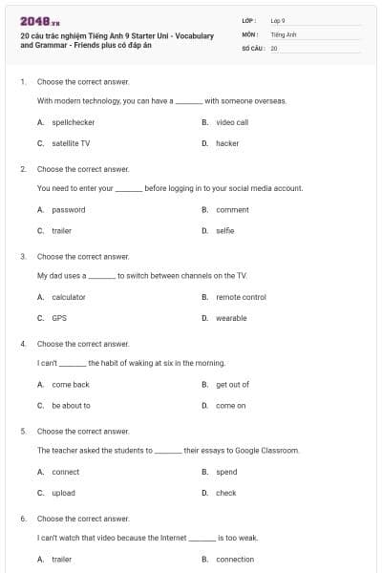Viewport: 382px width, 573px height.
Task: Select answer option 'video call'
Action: [232, 122]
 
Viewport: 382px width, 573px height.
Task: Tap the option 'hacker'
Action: [227, 143]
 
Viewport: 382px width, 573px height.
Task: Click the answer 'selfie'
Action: [224, 230]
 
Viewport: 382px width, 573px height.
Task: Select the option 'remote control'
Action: [241, 297]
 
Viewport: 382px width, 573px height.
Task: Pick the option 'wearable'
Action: [231, 318]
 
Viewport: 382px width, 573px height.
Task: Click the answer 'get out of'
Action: [232, 384]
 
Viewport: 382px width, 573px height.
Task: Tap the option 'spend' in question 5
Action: [226, 472]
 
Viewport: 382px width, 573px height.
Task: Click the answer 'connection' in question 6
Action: [235, 560]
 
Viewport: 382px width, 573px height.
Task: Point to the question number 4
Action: [22, 344]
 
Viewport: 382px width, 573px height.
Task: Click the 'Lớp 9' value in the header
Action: [278, 20]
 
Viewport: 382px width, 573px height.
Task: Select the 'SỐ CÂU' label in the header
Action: [253, 47]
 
